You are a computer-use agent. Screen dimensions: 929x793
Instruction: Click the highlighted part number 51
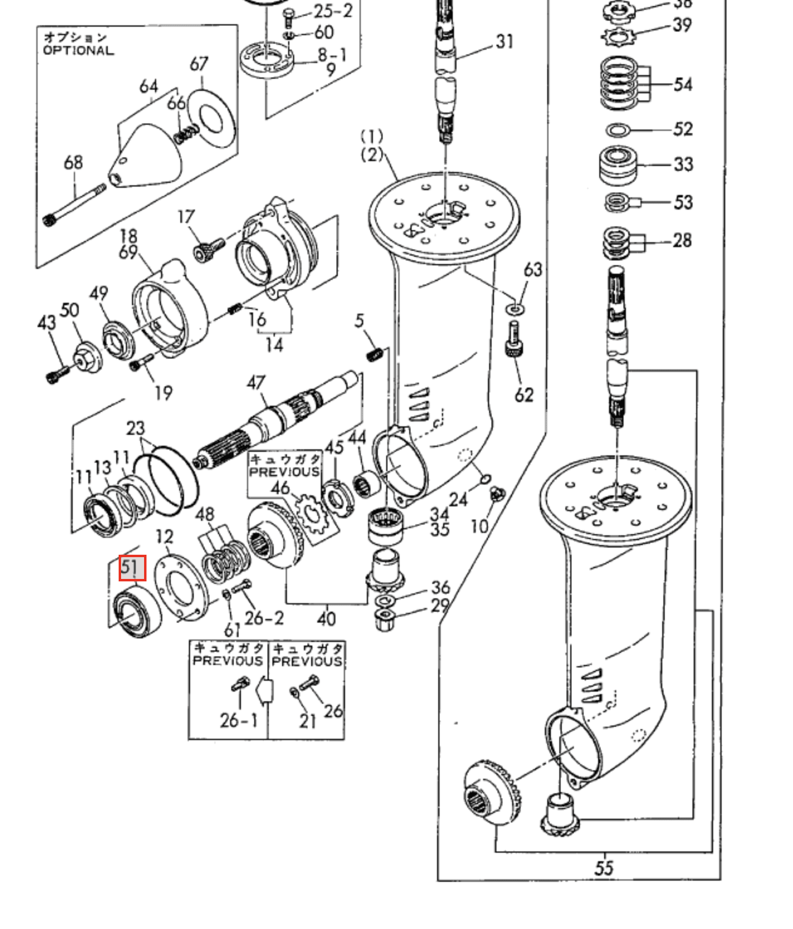(133, 568)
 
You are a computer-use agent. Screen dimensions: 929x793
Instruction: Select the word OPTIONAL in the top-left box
(78, 50)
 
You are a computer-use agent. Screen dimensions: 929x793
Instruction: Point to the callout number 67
(199, 64)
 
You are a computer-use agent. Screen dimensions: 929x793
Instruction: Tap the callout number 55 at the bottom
(603, 868)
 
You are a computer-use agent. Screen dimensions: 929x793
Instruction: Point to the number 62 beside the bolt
(524, 394)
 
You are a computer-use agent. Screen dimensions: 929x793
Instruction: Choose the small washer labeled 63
(515, 310)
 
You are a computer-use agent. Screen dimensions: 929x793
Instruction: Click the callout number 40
(326, 618)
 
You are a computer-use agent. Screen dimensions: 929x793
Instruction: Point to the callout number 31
(504, 41)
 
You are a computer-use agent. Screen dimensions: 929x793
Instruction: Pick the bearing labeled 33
(618, 164)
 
